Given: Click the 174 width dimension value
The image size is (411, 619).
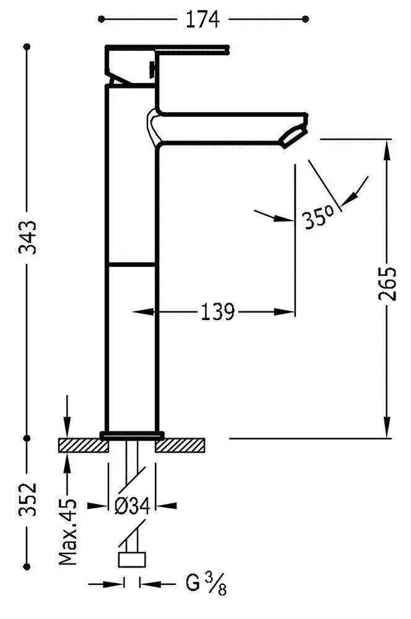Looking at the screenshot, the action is click(x=202, y=19).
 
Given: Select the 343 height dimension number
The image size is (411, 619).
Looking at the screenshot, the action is click(x=28, y=237).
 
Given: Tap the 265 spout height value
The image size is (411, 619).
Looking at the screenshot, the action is click(x=387, y=284).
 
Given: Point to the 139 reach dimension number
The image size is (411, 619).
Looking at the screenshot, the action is click(x=217, y=312).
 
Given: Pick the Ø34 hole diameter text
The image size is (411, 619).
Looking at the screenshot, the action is click(x=132, y=506).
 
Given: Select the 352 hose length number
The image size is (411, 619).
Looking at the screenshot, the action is click(x=28, y=498).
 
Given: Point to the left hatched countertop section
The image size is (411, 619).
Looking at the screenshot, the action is click(x=84, y=445).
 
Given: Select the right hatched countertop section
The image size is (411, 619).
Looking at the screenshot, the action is click(x=180, y=445).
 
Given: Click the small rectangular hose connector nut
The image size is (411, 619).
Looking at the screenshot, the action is click(x=132, y=560).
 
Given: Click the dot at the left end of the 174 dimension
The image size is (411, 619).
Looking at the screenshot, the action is click(x=101, y=19).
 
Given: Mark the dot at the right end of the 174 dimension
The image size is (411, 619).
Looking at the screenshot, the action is click(x=305, y=19).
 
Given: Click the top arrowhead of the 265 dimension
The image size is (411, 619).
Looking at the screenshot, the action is click(x=387, y=150).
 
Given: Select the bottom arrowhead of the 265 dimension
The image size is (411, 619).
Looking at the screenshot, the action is click(x=387, y=427).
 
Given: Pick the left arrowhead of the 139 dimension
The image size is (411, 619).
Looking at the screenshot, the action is click(x=142, y=312).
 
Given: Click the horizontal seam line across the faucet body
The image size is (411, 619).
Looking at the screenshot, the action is click(x=131, y=264).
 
